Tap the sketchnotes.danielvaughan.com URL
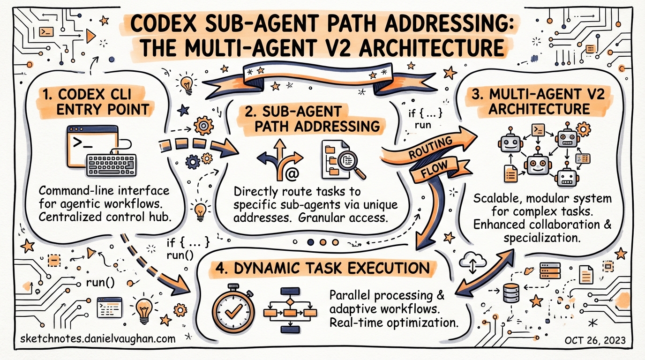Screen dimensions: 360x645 point(99,339)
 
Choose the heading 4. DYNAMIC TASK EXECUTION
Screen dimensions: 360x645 point(323,269)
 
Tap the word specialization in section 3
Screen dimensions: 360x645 point(542,238)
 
